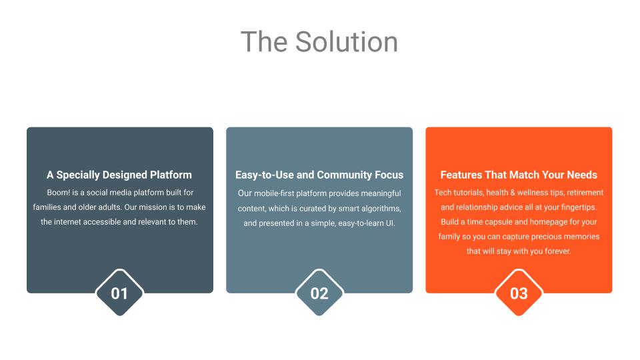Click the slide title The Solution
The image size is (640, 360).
pyautogui.click(x=319, y=41)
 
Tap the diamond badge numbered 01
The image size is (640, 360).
pyautogui.click(x=119, y=293)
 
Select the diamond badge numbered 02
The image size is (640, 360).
pyautogui.click(x=319, y=293)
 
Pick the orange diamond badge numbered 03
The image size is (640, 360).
pyautogui.click(x=519, y=293)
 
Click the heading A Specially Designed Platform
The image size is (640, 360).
pyautogui.click(x=119, y=175)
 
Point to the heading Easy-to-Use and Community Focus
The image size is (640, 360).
pyautogui.click(x=319, y=175)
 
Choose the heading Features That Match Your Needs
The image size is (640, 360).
pyautogui.click(x=519, y=175)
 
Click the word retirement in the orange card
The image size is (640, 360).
pyautogui.click(x=585, y=193)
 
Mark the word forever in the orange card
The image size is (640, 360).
pyautogui.click(x=557, y=251)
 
